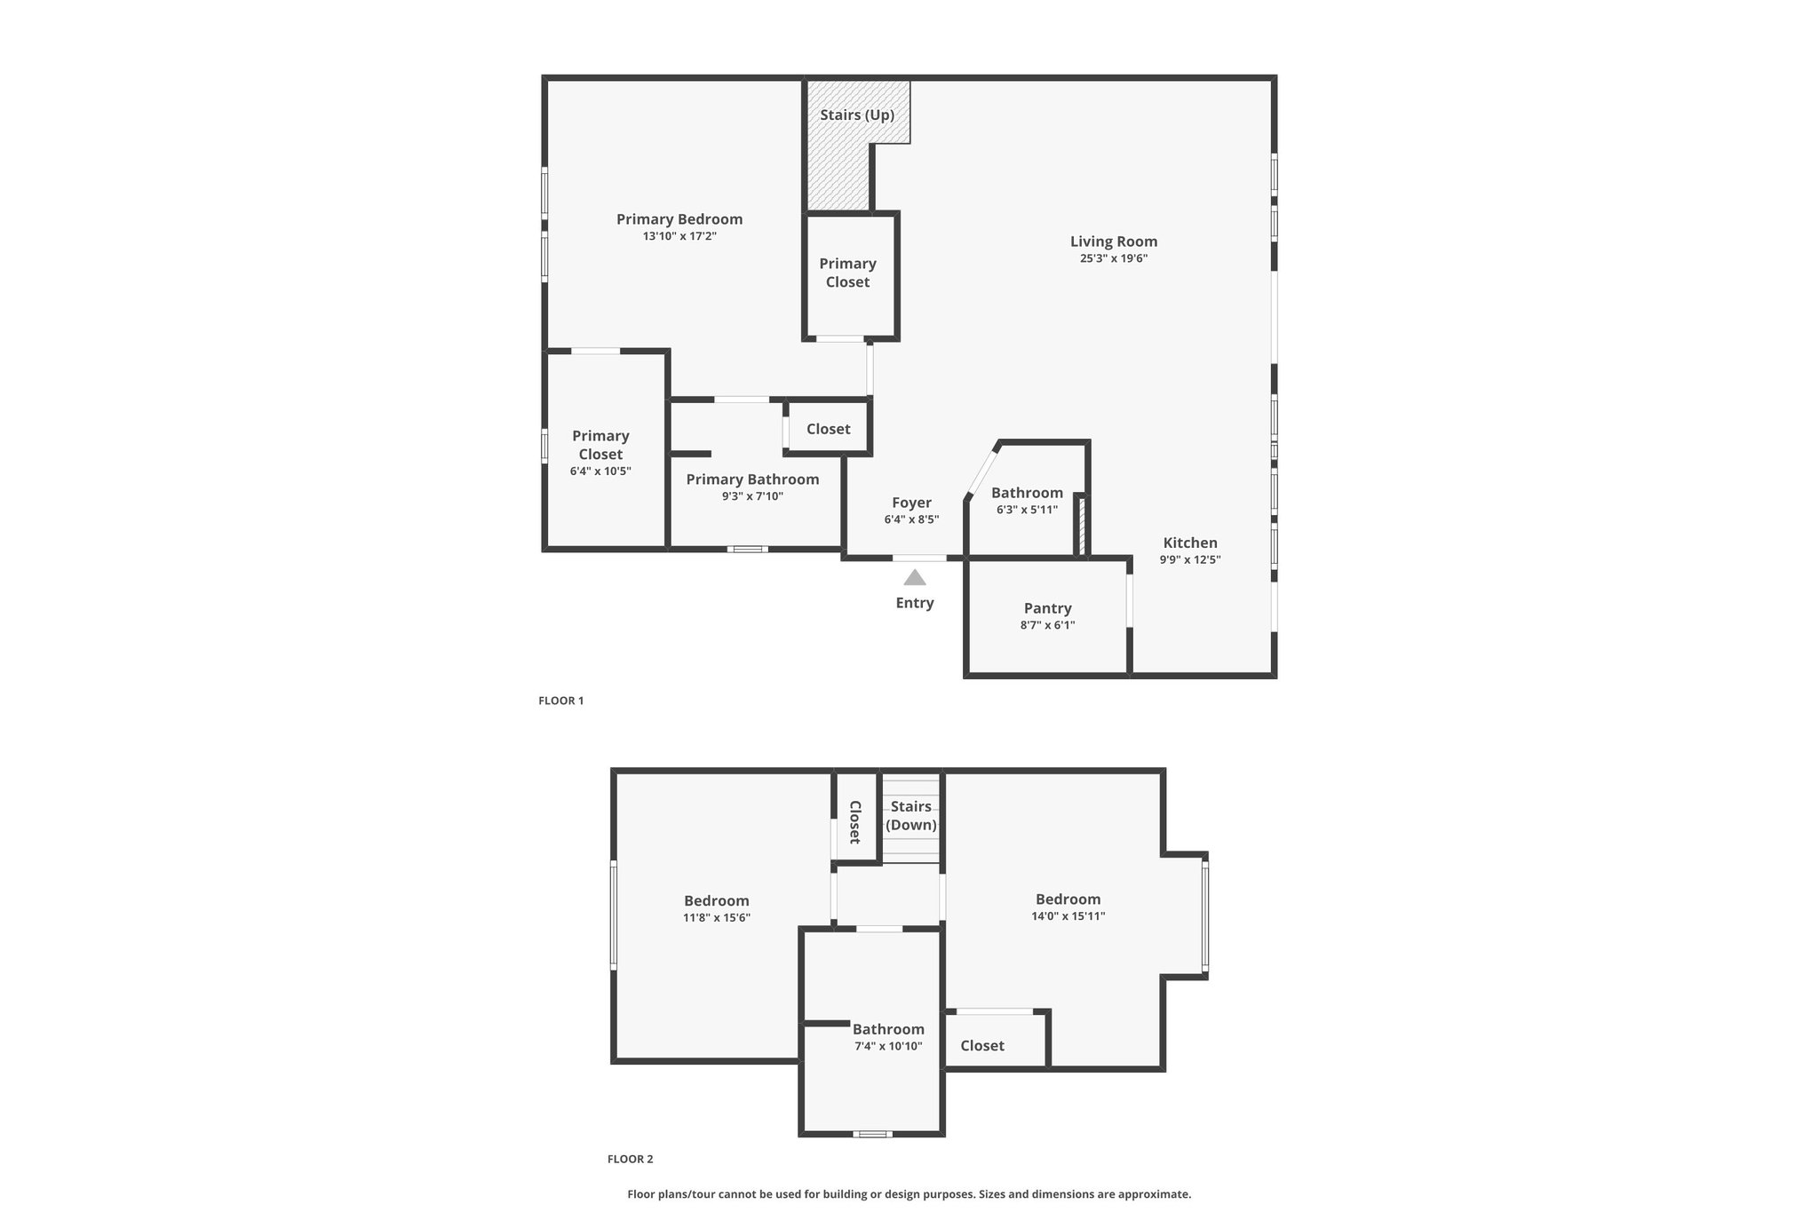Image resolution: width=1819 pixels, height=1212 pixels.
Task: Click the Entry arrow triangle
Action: point(915,578)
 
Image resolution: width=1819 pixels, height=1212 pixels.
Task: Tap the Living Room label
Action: point(1114,242)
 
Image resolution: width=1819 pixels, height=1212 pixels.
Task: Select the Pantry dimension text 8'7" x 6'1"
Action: point(1048,625)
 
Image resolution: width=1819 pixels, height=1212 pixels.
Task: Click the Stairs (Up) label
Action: point(857,115)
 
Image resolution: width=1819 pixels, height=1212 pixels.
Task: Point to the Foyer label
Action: point(912,503)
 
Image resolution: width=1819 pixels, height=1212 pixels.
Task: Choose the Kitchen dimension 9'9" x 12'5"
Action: point(1190,559)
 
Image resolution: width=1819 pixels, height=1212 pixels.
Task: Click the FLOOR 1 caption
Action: point(561,701)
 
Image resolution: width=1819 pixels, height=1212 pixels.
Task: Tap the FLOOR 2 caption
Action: point(631,1159)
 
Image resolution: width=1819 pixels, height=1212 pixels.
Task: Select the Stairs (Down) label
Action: point(911,815)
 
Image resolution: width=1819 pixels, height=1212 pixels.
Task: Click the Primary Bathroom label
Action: point(753,479)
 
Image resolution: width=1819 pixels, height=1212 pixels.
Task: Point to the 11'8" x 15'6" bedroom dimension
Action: point(717,918)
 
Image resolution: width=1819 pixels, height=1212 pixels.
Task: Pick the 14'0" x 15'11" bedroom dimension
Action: point(1068,916)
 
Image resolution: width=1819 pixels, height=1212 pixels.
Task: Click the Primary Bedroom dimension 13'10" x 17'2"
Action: point(679,236)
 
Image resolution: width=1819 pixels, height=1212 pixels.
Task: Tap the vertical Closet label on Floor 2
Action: point(855,822)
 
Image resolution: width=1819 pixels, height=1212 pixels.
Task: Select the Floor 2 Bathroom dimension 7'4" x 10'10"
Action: point(888,1046)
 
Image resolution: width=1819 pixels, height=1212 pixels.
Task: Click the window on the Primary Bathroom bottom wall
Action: point(748,549)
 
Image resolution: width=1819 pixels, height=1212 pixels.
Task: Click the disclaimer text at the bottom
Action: point(909,1194)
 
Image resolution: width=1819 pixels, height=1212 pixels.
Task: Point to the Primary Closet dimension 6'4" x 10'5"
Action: point(600,471)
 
